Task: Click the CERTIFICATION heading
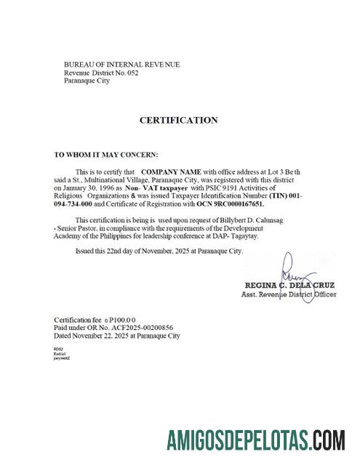click(x=178, y=120)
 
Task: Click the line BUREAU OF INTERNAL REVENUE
click(x=121, y=65)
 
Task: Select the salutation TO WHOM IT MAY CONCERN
click(x=105, y=155)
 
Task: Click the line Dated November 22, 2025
click(x=116, y=336)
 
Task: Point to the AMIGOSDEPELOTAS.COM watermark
click(x=255, y=440)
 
